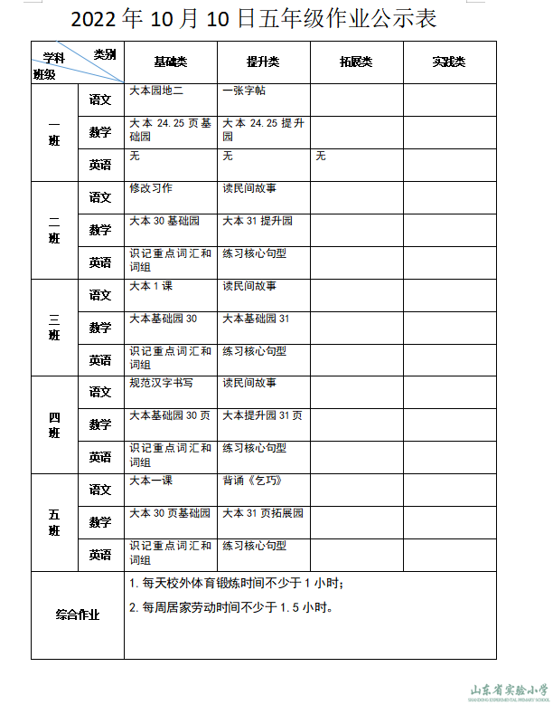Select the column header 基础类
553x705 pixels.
tap(170, 62)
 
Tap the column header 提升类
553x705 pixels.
tap(263, 62)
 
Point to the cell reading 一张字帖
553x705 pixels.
tap(244, 91)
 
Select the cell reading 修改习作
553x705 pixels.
tap(151, 188)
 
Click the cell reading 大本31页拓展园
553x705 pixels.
tap(263, 513)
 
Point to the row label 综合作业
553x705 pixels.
tap(78, 614)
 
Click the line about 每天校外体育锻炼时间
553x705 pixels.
tap(237, 584)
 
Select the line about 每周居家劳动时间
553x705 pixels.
tap(231, 607)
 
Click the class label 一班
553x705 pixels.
tap(54, 132)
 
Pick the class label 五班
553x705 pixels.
tap(54, 522)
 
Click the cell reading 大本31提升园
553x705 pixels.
tap(258, 221)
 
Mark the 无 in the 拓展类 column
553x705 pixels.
tap(321, 156)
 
